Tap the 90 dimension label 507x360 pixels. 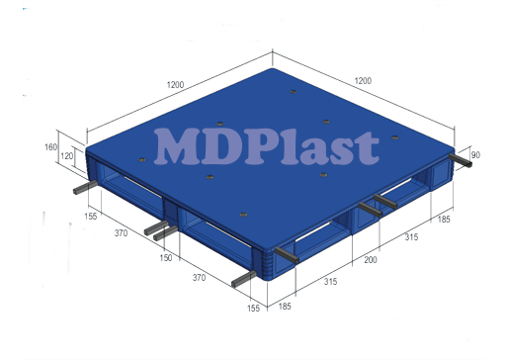point(476,154)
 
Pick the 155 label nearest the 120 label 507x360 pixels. point(91,215)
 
